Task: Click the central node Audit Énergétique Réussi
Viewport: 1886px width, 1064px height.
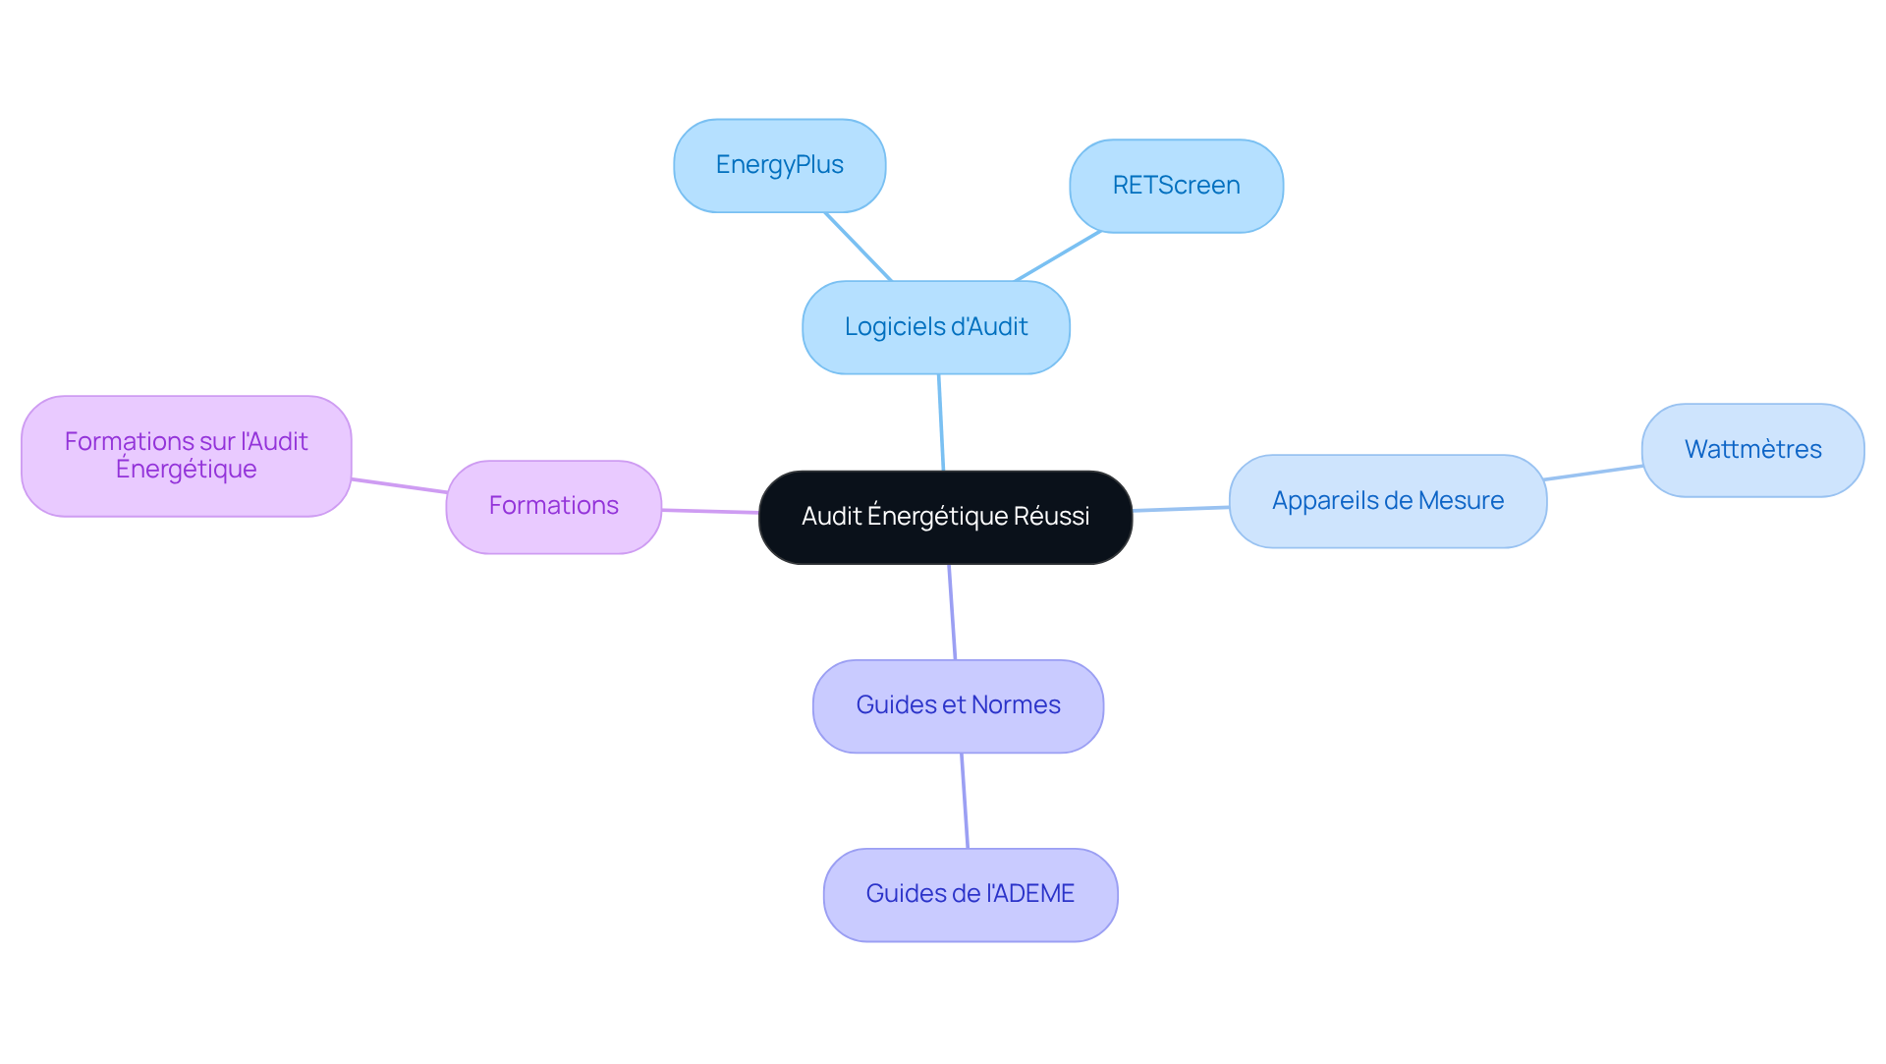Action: (945, 517)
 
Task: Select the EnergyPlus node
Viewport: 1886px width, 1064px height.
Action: (779, 165)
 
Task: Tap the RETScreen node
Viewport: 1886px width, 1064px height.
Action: (1176, 186)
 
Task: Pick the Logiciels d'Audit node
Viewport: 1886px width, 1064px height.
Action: (935, 327)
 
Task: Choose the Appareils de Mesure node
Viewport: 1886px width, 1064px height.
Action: (1387, 501)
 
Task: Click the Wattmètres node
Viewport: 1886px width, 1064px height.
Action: (1752, 450)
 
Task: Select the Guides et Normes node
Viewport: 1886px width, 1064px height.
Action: (958, 705)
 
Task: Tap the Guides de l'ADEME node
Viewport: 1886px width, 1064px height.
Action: (970, 894)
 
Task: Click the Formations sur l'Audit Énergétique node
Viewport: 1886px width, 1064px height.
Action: (186, 456)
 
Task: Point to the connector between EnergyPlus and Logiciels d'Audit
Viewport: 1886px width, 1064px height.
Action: (859, 247)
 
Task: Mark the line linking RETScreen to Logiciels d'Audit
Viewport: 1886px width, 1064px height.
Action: (1057, 256)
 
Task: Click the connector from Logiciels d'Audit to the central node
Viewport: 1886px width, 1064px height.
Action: (941, 422)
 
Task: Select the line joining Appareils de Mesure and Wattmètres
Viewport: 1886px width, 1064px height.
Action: (1593, 473)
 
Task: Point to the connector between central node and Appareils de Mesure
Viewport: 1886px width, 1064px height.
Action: (1181, 509)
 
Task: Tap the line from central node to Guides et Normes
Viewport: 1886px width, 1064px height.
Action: (952, 612)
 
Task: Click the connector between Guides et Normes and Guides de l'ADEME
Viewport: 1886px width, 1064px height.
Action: (965, 801)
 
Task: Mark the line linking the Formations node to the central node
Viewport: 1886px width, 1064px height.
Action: (710, 511)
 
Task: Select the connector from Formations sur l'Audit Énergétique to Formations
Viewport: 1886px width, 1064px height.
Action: (399, 485)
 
